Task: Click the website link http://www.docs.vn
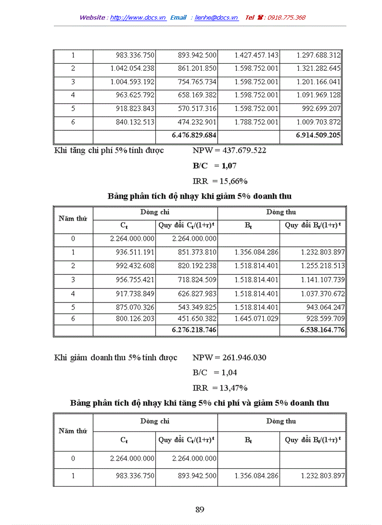tap(138, 17)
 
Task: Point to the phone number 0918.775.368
tap(286, 17)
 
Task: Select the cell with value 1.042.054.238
tap(132, 69)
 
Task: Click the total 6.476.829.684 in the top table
tap(194, 136)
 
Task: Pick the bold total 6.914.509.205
tap(318, 136)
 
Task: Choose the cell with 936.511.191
tap(132, 252)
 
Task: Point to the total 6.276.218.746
tap(194, 330)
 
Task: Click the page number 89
tap(200, 510)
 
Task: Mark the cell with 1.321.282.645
tap(318, 69)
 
